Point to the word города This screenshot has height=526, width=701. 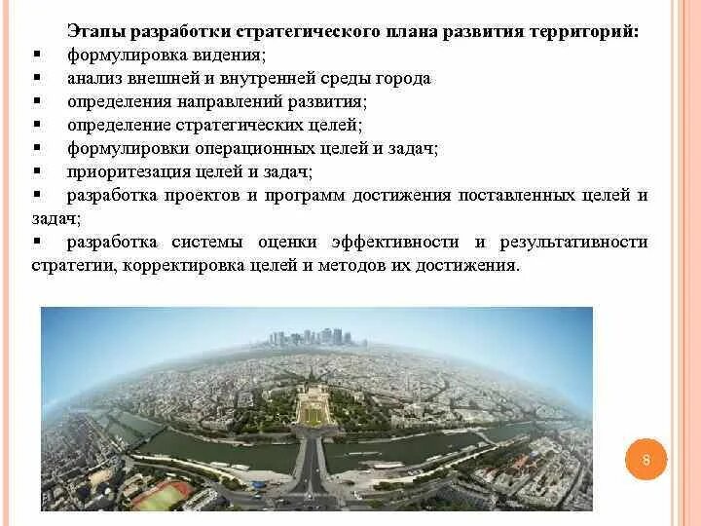click(405, 78)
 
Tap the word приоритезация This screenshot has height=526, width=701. click(120, 171)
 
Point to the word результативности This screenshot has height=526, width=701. click(573, 242)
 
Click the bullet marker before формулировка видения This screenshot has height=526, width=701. click(36, 55)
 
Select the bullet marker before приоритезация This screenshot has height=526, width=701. click(36, 171)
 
